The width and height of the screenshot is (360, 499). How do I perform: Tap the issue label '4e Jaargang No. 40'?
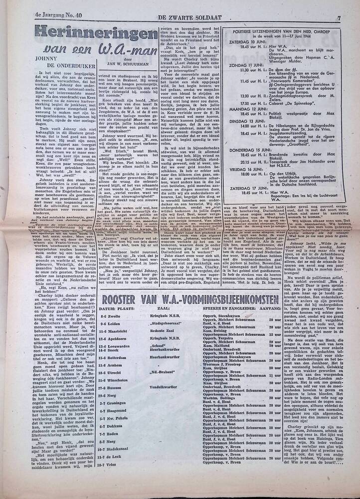[43, 5]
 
